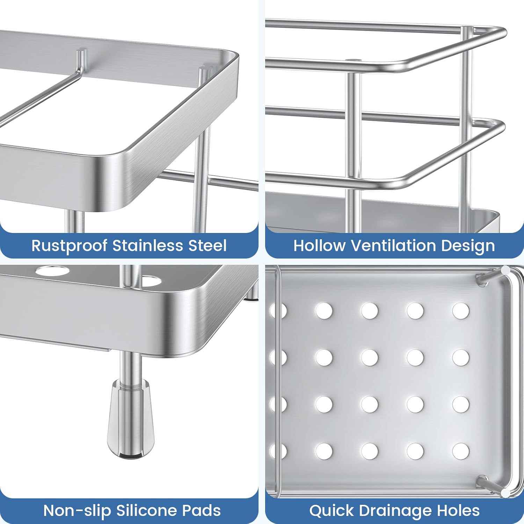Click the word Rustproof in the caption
69,246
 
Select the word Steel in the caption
208,245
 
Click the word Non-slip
77,511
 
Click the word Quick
330,510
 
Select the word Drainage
393,511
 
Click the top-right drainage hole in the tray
461,311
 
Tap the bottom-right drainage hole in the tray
461,451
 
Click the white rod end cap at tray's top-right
505,271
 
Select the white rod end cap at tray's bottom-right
505,493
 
